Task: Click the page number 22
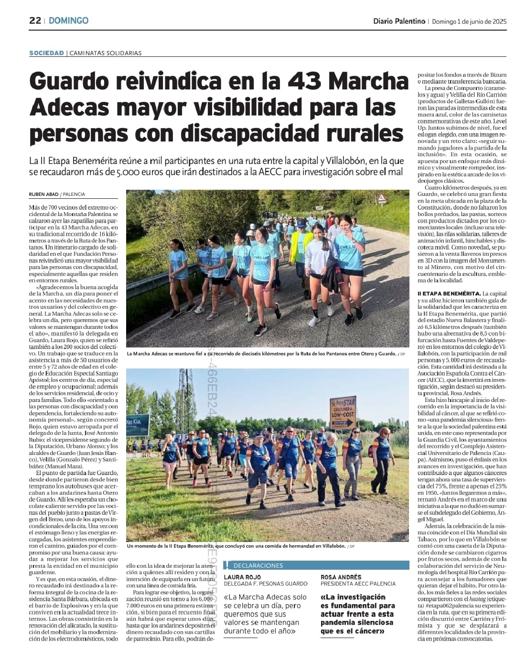(35, 21)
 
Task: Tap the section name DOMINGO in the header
(68, 21)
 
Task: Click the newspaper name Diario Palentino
(399, 21)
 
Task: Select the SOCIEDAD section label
(46, 53)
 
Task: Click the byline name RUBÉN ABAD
(43, 195)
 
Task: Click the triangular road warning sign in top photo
(381, 198)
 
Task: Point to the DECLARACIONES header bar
(318, 565)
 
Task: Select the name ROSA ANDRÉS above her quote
(341, 577)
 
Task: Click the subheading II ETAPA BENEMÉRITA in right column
(449, 293)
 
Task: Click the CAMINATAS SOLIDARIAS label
(106, 53)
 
